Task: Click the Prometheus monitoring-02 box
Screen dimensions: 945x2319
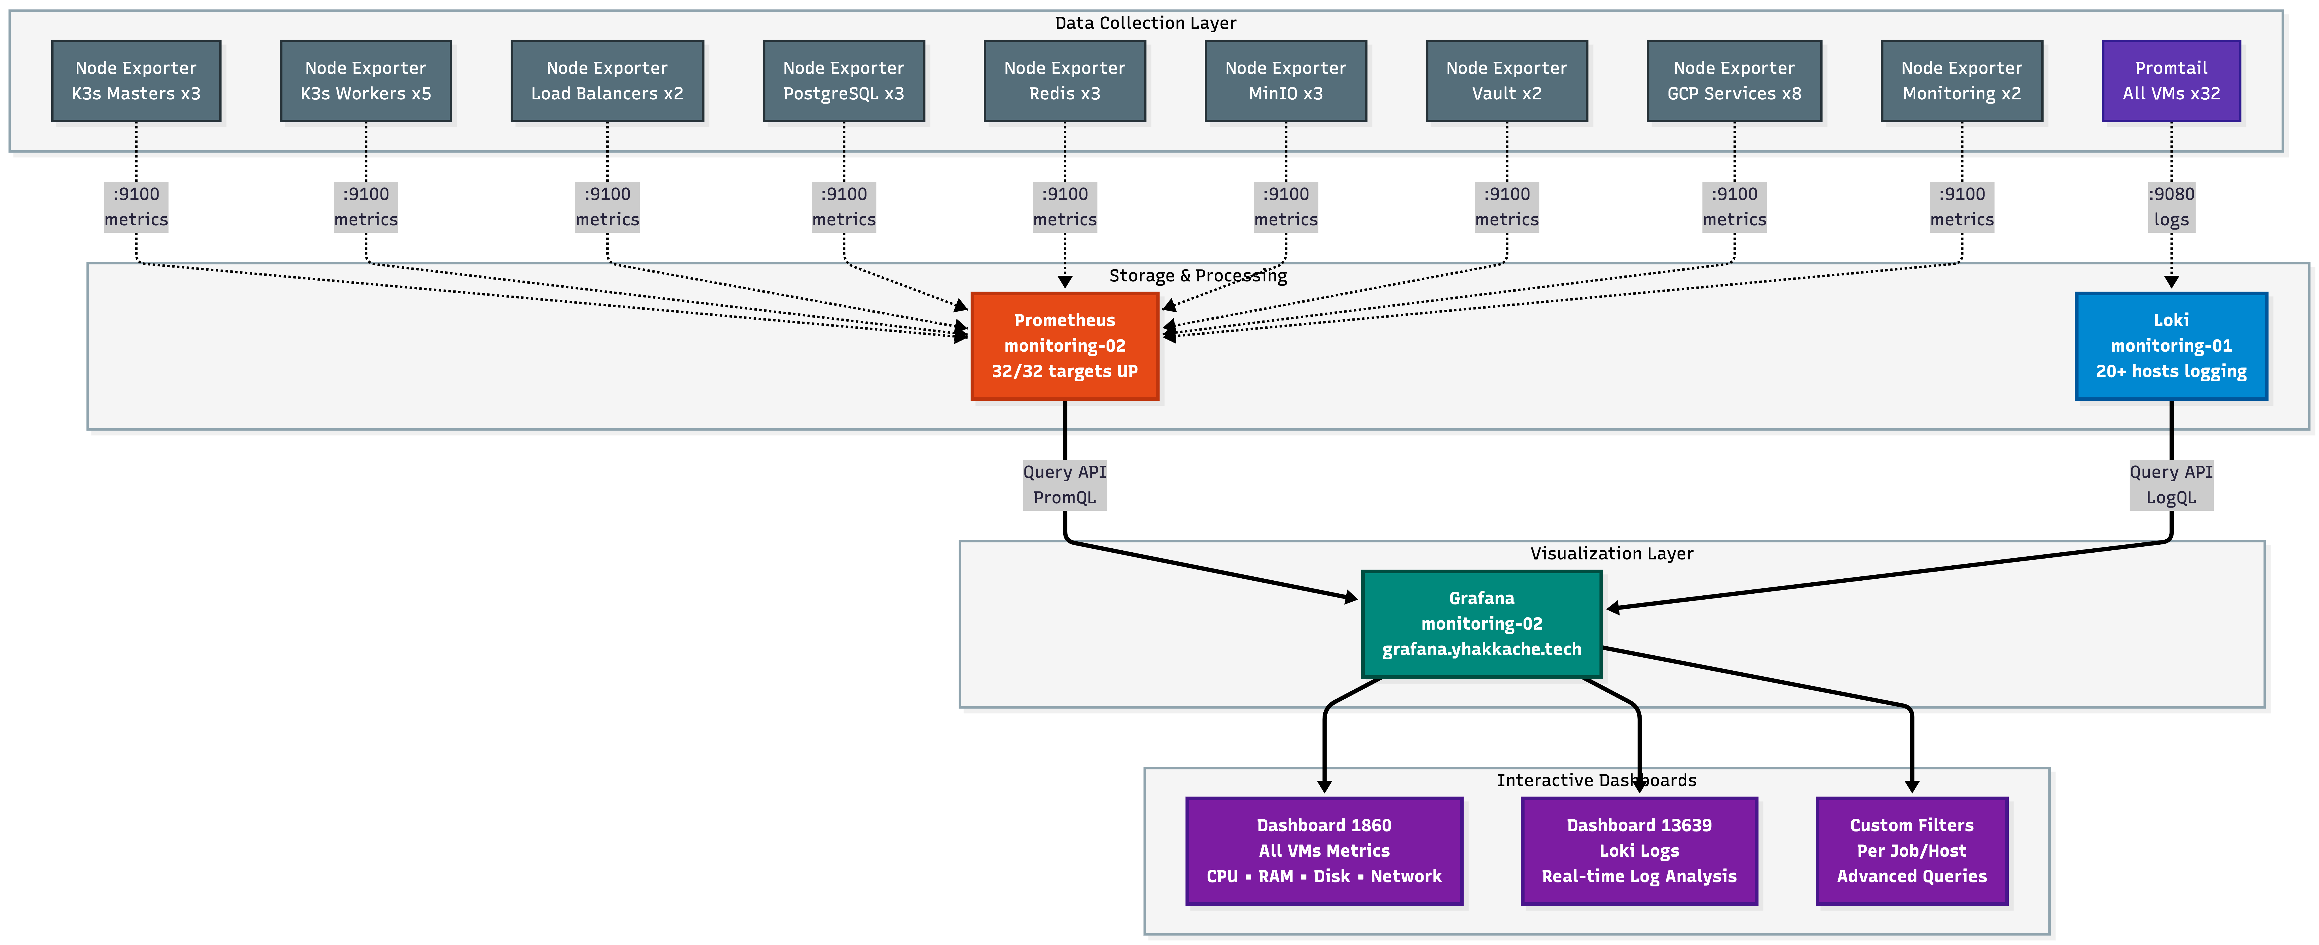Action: click(1064, 346)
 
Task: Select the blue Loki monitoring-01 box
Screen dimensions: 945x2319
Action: click(2170, 346)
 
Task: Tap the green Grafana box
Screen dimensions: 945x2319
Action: click(1481, 623)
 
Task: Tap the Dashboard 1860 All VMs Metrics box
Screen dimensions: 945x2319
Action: click(1323, 850)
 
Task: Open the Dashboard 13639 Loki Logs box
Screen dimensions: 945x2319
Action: click(1638, 850)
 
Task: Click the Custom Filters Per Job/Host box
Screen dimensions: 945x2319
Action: click(1911, 850)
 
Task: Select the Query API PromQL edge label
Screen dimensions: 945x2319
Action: click(1064, 484)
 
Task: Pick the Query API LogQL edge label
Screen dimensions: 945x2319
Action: click(2170, 484)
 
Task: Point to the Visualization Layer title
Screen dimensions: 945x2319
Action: click(1611, 553)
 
